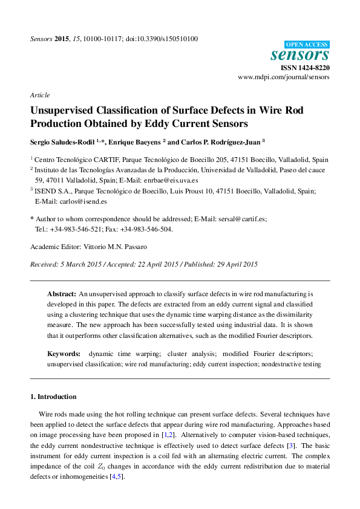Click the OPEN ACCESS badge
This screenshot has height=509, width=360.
point(307,45)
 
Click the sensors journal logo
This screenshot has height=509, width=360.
point(299,55)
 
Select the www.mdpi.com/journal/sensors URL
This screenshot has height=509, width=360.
point(284,78)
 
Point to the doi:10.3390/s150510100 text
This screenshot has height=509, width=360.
point(162,39)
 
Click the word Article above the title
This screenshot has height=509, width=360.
point(39,96)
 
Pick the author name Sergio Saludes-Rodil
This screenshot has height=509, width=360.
point(66,142)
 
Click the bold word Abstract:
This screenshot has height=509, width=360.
point(62,293)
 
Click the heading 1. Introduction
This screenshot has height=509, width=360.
point(53,397)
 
